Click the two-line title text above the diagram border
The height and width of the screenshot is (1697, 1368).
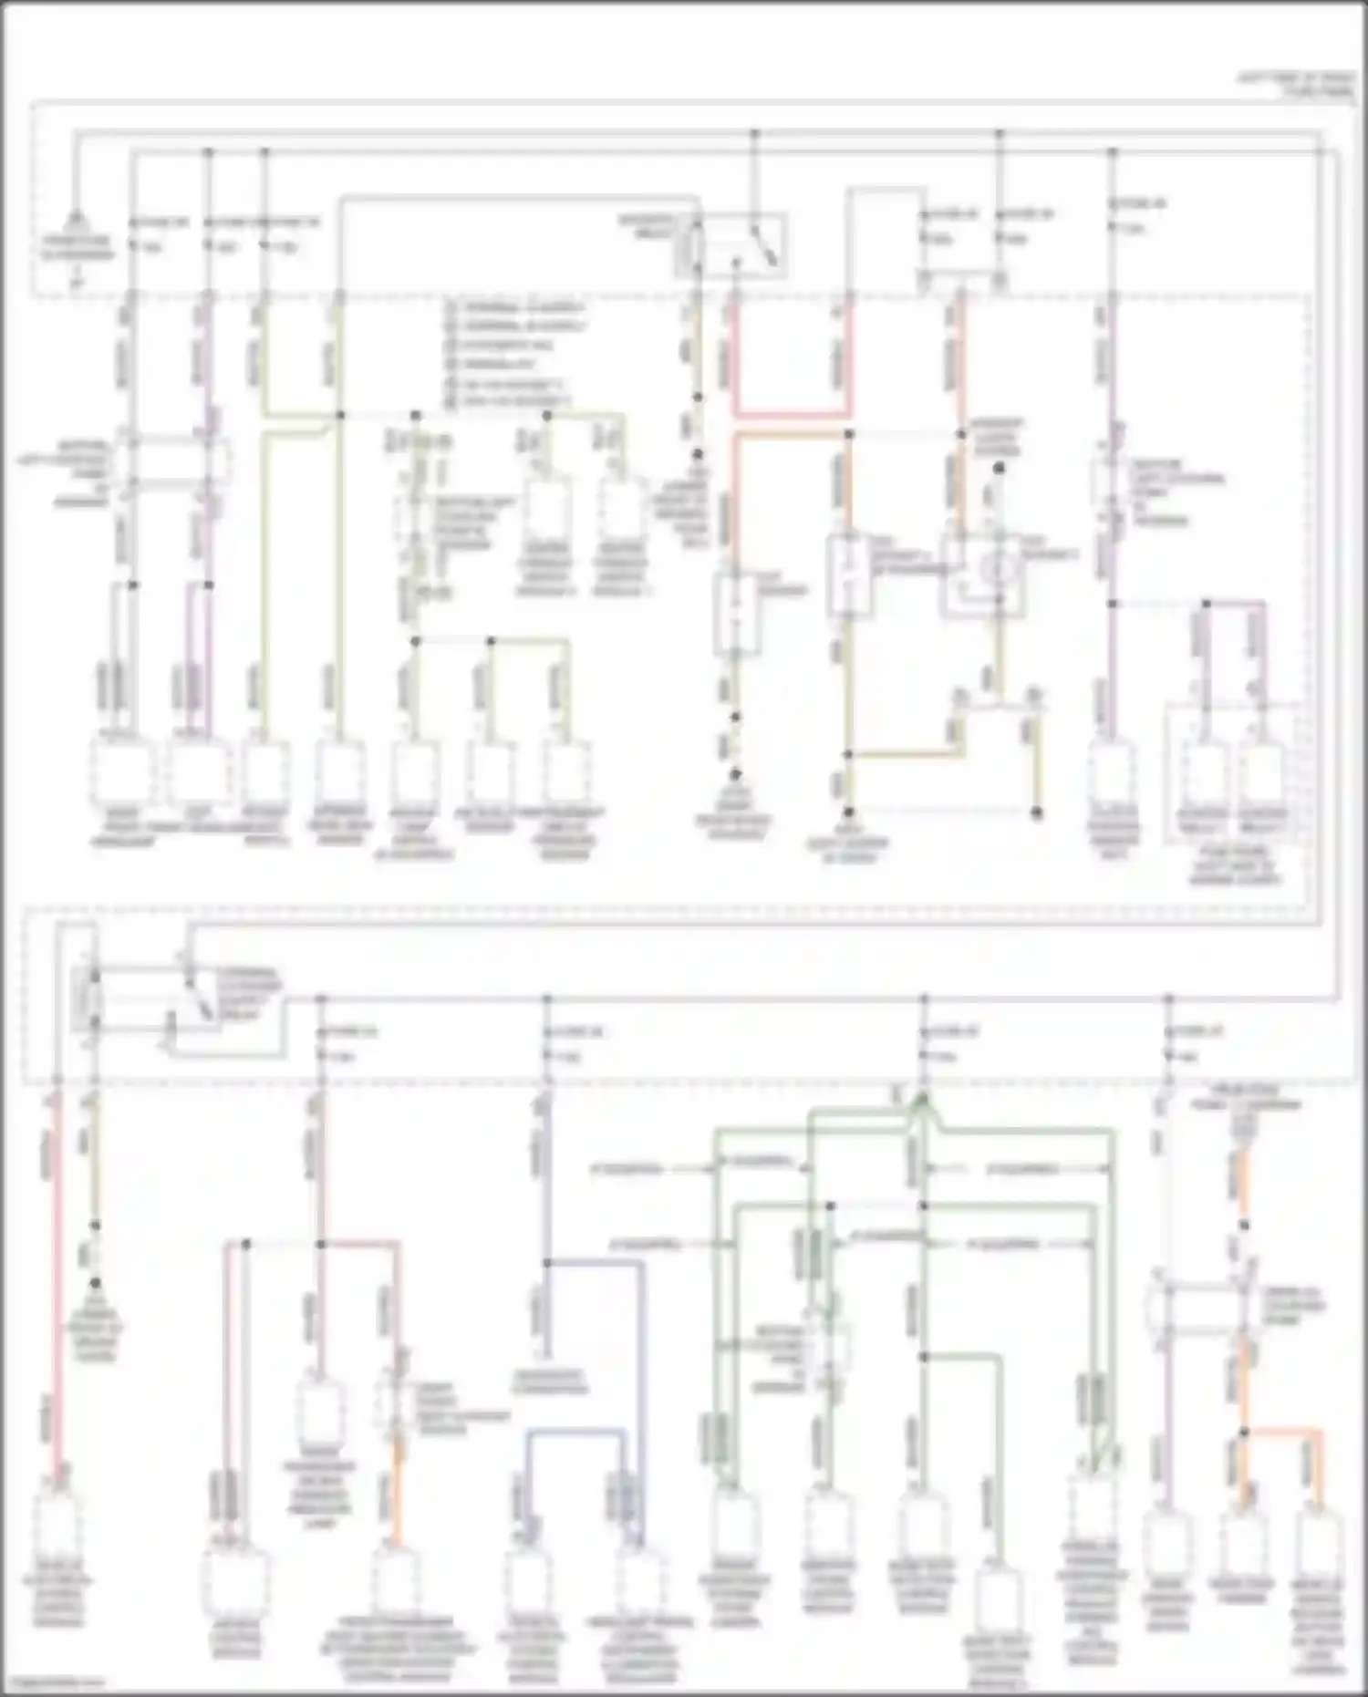(x=1295, y=85)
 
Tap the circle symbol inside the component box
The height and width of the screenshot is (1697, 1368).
(x=997, y=568)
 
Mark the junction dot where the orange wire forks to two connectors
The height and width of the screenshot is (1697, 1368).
(x=1243, y=1433)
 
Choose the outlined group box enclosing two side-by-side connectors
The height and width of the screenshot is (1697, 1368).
(x=1234, y=773)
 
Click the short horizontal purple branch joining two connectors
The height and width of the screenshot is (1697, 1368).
(x=1234, y=603)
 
